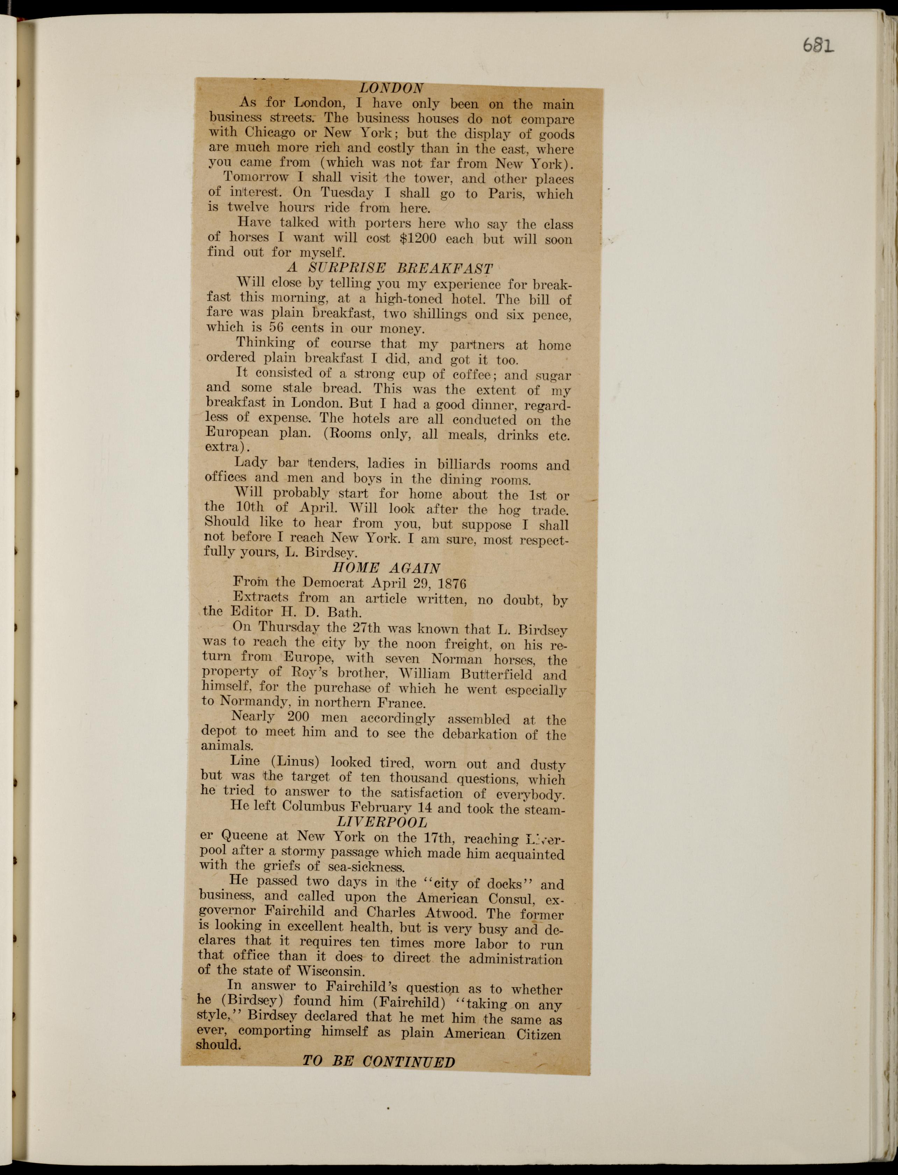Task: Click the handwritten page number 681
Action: pos(818,46)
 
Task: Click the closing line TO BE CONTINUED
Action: pos(379,1061)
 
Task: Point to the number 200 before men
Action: pos(298,717)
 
